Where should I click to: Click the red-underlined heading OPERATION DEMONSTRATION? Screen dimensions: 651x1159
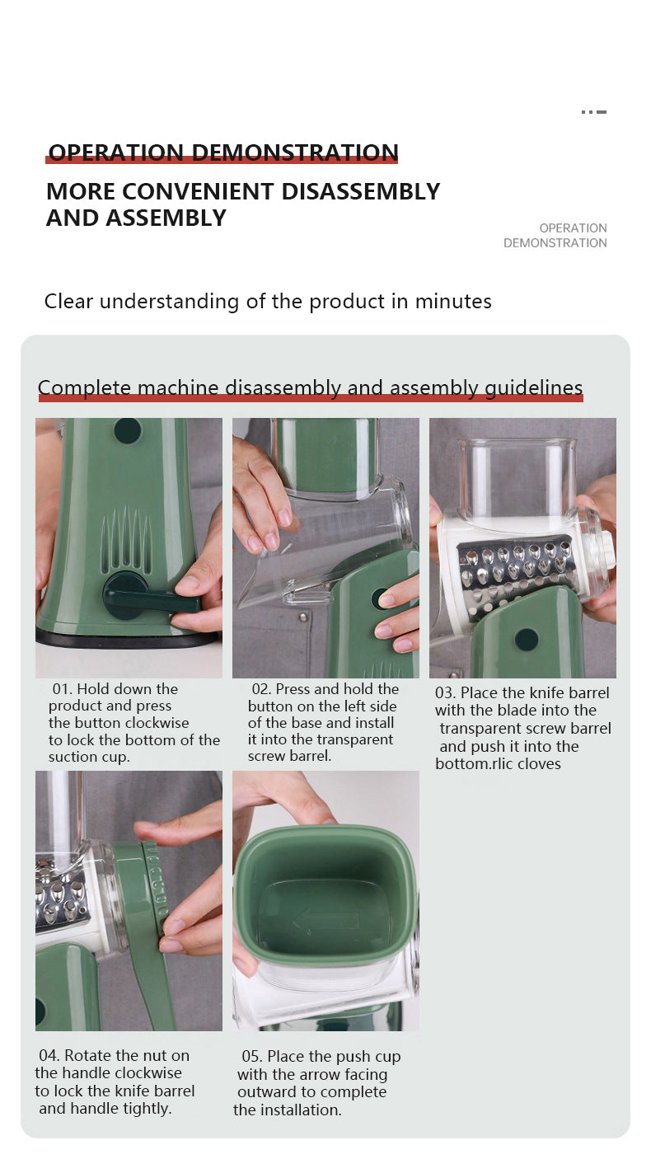(223, 152)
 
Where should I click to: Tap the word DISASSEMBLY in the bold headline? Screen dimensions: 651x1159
(360, 191)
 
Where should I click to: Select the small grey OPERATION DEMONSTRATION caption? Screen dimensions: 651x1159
(555, 236)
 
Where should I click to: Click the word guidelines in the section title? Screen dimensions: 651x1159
(534, 388)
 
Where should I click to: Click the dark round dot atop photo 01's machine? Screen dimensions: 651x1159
(128, 430)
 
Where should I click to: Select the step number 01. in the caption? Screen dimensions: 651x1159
(62, 689)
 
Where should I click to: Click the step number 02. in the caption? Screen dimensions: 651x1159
(262, 689)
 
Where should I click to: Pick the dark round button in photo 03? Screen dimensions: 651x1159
(527, 640)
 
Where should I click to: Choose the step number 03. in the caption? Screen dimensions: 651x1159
(445, 692)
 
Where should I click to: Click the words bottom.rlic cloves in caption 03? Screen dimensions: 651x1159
(498, 763)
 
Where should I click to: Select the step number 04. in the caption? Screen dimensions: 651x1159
(49, 1055)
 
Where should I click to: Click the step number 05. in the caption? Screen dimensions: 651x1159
(252, 1056)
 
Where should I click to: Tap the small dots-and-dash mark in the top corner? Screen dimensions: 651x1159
(594, 112)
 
